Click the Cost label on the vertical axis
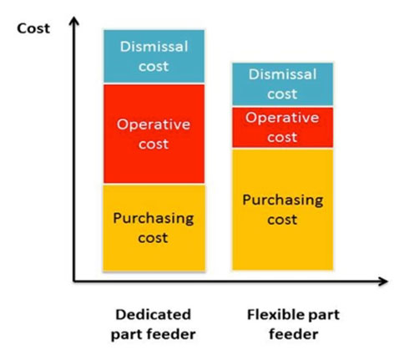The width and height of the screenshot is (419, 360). tap(33, 28)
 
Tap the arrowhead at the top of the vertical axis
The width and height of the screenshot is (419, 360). tap(74, 22)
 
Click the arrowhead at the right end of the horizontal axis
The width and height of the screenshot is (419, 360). tap(383, 281)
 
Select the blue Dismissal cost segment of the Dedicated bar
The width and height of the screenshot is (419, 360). tap(154, 56)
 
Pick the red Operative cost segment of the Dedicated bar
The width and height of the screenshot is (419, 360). tap(154, 134)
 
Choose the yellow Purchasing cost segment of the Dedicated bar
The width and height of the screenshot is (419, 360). tap(154, 228)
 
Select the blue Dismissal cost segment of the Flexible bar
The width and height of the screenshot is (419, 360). tap(283, 84)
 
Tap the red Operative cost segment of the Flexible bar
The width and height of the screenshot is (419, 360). tap(283, 128)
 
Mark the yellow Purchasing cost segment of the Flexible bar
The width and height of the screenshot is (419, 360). tap(283, 210)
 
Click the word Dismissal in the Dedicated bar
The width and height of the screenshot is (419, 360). tap(154, 47)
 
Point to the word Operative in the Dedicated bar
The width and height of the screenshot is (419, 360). tap(154, 125)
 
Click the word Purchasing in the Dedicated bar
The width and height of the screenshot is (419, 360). tap(154, 219)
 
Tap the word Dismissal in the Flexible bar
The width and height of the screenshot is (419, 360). tap(283, 74)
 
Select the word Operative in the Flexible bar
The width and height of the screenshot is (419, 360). tap(282, 118)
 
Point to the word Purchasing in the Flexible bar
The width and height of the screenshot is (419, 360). tap(283, 200)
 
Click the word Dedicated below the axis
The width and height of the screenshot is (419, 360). tap(154, 315)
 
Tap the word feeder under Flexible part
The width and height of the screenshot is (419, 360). tap(294, 334)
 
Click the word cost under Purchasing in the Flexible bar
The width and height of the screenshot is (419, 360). tap(282, 220)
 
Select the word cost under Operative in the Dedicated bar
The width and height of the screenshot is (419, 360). tap(154, 145)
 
